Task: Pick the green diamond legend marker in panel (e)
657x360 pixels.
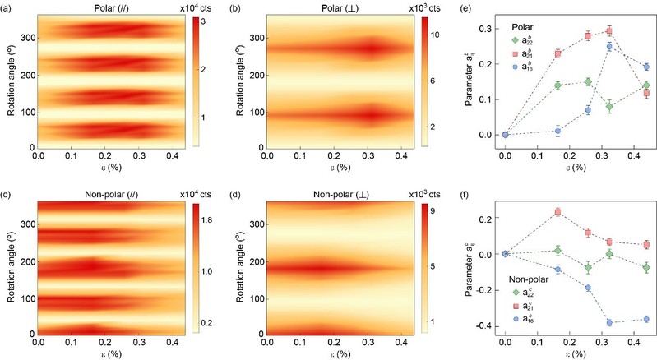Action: click(x=515, y=39)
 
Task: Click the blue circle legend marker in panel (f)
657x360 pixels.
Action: click(x=515, y=315)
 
